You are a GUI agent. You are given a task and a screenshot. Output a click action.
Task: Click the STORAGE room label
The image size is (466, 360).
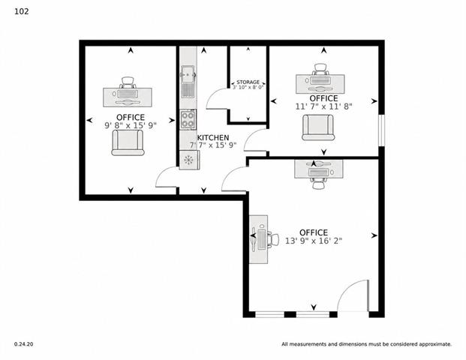pos(248,82)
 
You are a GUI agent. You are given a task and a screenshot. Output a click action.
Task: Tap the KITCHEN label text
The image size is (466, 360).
pos(213,138)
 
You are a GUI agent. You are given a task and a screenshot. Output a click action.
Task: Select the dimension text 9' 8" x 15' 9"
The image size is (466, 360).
pos(131,126)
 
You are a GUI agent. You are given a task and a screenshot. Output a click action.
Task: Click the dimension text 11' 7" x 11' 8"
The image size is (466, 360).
pos(323,106)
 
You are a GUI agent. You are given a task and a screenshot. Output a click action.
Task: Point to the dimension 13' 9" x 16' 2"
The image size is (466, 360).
pos(314,241)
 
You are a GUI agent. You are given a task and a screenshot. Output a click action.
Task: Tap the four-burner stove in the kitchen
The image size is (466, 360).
pos(188,119)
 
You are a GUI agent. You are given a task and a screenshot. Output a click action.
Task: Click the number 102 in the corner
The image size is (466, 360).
pos(22,11)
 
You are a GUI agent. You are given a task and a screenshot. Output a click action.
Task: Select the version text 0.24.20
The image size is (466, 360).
pos(23,344)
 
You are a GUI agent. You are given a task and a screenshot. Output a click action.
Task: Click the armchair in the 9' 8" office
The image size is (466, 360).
pos(128,142)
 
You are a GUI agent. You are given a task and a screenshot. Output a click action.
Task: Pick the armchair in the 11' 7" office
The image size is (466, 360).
pos(318,127)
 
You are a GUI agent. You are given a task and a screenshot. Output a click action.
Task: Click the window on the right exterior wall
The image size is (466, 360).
pos(382,130)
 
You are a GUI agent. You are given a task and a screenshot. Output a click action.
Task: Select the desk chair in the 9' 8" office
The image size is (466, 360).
pos(128,82)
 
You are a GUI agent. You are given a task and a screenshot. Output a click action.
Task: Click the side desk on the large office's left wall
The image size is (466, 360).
pos(258,239)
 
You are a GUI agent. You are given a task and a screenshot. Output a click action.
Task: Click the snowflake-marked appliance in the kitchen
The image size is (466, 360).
pos(189,160)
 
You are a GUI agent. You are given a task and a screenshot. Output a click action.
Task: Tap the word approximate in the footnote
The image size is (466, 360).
pos(435,344)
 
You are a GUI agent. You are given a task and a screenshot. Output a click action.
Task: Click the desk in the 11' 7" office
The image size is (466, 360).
pos(320,84)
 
